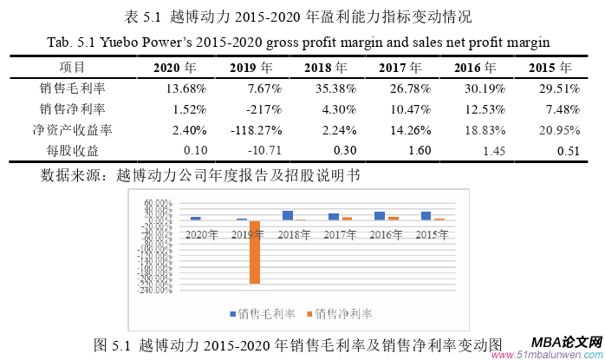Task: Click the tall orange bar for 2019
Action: click(x=255, y=252)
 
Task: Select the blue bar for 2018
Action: click(x=288, y=215)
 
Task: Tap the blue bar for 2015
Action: click(x=426, y=215)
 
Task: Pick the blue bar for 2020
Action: click(x=196, y=219)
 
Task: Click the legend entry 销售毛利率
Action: click(x=261, y=313)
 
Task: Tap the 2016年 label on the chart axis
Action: click(x=385, y=234)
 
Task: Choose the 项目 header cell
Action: click(x=72, y=67)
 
